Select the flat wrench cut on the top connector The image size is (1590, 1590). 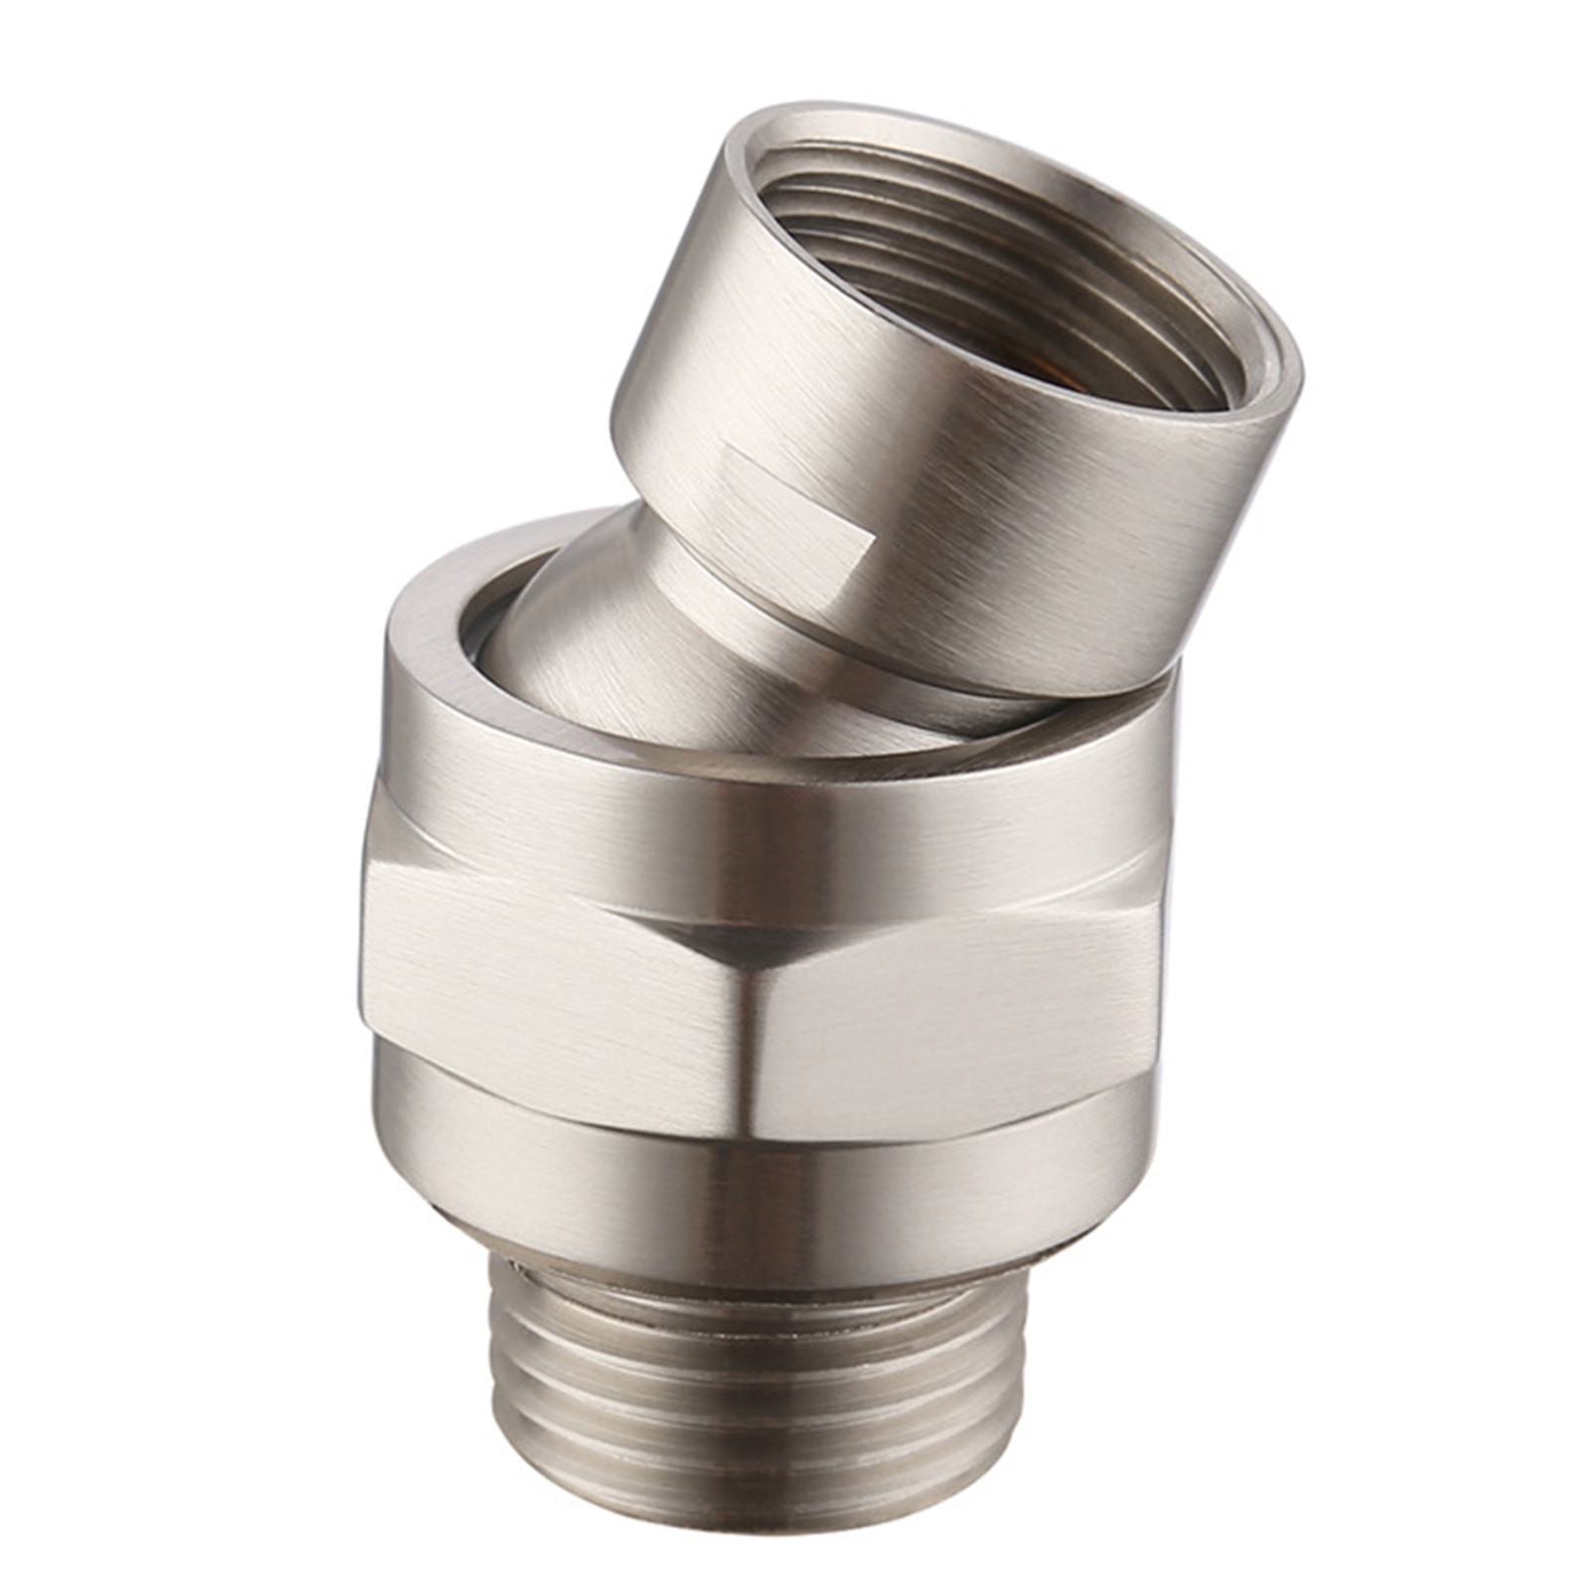(795, 497)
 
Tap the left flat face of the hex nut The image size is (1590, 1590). (546, 993)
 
